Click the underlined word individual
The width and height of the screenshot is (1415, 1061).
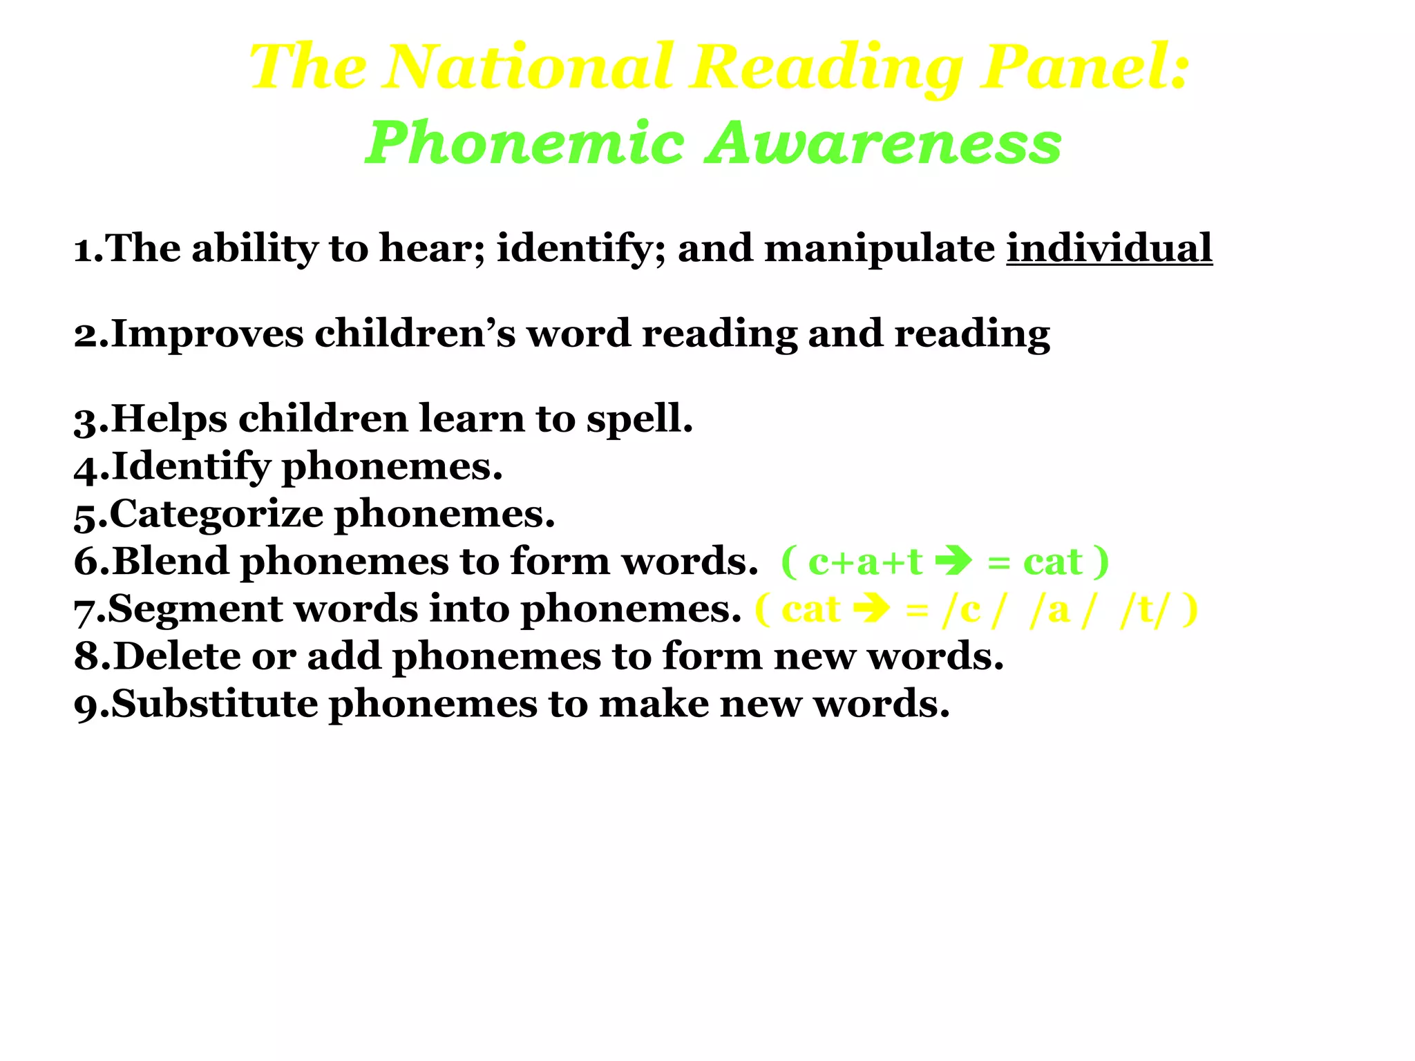click(1109, 248)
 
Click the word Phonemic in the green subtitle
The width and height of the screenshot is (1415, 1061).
click(525, 143)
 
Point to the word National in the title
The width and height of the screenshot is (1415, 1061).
click(529, 67)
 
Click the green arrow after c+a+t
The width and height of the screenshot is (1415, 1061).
click(953, 561)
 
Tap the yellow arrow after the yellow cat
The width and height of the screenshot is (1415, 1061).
click(872, 609)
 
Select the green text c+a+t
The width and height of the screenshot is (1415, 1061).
click(865, 562)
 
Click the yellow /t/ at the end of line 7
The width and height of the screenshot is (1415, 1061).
click(1145, 609)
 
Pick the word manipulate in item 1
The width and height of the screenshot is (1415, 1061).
click(880, 249)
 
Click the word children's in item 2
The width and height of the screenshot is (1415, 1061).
click(415, 334)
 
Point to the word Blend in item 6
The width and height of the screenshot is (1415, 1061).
click(170, 561)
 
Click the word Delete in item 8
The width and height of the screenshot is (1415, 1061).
click(176, 656)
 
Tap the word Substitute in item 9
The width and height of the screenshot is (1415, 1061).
click(214, 704)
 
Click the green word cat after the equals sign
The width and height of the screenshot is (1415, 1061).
click(1052, 562)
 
